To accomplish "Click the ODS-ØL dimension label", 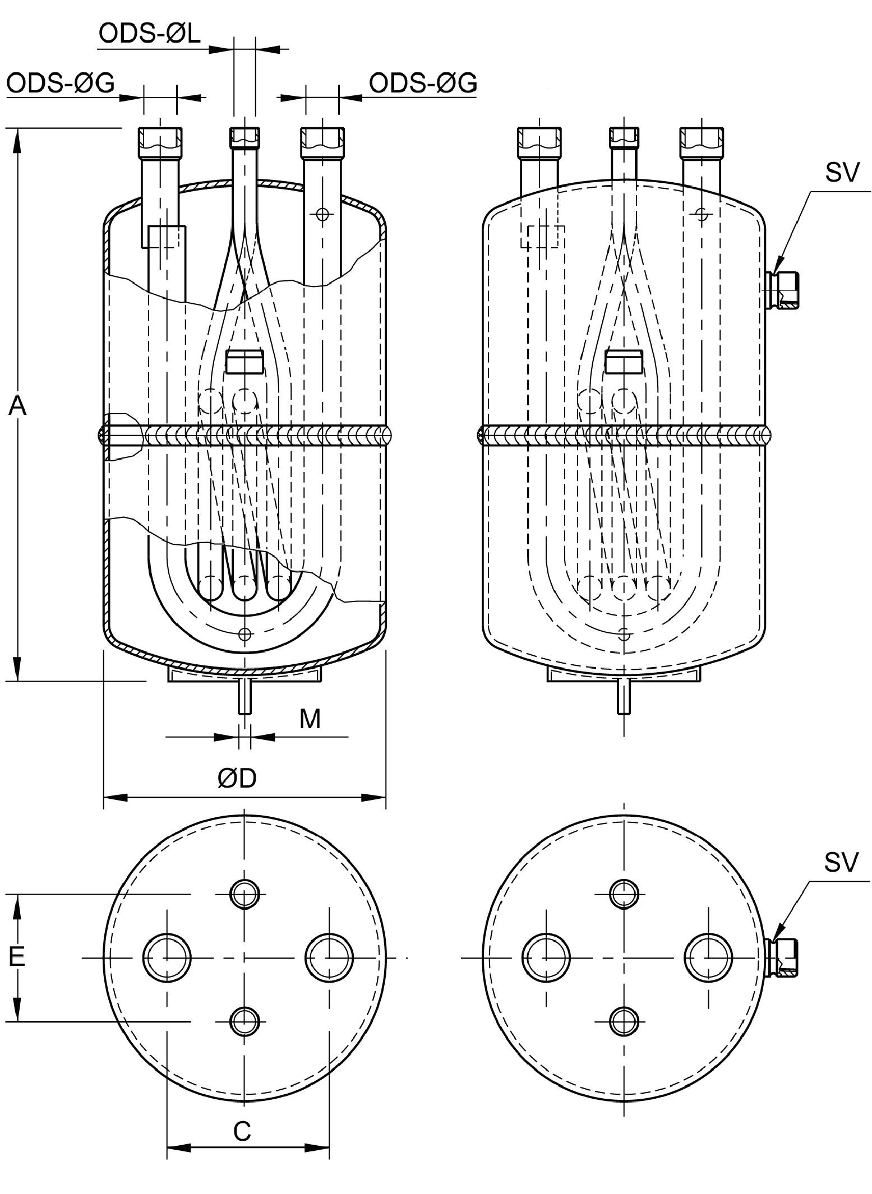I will [149, 34].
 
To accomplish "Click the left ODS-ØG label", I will [61, 84].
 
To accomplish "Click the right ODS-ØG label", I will [423, 83].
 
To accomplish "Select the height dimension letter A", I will [17, 405].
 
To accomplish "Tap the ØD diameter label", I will [237, 778].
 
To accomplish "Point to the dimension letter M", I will [310, 719].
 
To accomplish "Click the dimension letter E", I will [17, 956].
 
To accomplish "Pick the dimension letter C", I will [242, 1132].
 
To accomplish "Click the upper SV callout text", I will [841, 173].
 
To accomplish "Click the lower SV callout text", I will [841, 863].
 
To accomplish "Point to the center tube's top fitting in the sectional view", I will [244, 136].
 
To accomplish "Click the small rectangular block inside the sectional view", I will [244, 362].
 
